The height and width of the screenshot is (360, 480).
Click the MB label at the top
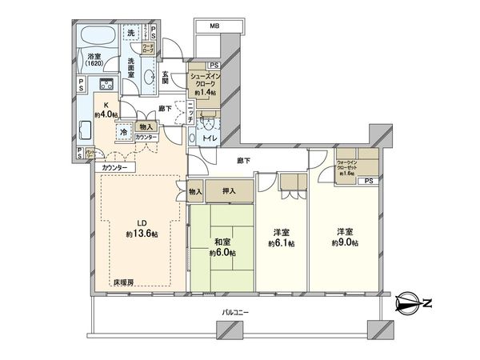pyautogui.click(x=214, y=26)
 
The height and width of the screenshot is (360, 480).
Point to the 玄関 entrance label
pyautogui.click(x=164, y=75)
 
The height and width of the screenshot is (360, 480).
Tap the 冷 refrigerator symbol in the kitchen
pyautogui.click(x=124, y=132)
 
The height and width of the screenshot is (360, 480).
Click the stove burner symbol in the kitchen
pyautogui.click(x=106, y=86)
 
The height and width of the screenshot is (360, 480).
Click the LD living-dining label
pyautogui.click(x=140, y=223)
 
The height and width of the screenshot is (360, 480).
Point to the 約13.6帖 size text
pyautogui.click(x=140, y=234)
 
